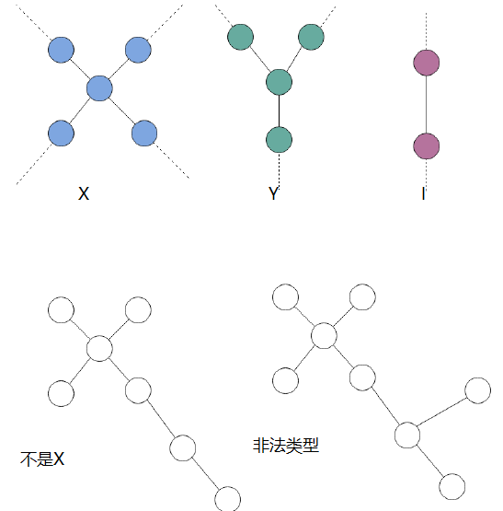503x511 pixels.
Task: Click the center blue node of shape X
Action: click(x=99, y=88)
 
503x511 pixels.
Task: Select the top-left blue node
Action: click(x=61, y=50)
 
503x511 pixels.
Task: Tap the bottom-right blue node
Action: click(x=144, y=134)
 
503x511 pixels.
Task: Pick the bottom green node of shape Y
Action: click(x=279, y=140)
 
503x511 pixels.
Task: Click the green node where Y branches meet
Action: click(x=279, y=82)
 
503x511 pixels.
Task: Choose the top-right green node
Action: click(x=311, y=37)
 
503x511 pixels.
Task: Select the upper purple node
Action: click(x=426, y=63)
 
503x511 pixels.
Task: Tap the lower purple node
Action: click(x=426, y=146)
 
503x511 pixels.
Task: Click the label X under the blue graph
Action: click(x=84, y=193)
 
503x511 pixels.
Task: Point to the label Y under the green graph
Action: click(x=274, y=193)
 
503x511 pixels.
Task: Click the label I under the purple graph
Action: click(x=423, y=193)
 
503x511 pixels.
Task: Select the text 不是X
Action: click(x=42, y=459)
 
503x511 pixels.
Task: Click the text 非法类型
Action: click(x=286, y=446)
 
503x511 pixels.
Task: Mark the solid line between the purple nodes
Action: click(x=426, y=104)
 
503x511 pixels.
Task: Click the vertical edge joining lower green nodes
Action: click(x=279, y=110)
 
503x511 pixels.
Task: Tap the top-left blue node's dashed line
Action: click(x=33, y=22)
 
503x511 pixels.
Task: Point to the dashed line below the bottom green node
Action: click(x=279, y=169)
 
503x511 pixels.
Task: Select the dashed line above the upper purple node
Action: click(x=426, y=31)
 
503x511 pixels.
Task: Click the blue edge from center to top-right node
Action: click(x=119, y=69)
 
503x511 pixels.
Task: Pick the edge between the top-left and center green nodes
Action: click(x=260, y=59)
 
